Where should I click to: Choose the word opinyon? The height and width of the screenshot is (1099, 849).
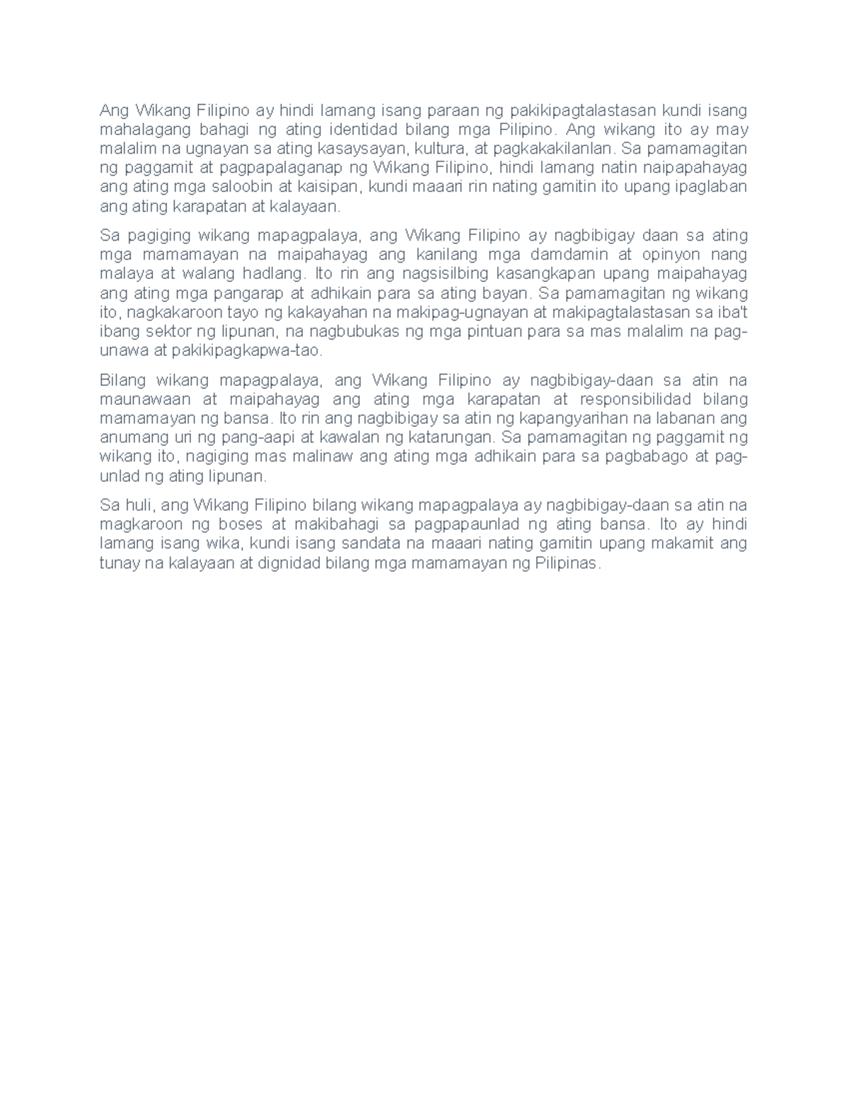pyautogui.click(x=669, y=255)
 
